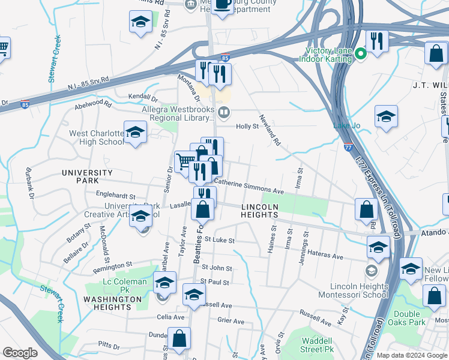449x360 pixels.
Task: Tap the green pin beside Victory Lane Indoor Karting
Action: click(361, 55)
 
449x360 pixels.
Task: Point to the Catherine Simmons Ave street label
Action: click(249, 186)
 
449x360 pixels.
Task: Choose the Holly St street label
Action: click(247, 127)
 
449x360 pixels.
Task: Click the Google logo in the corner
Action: click(20, 353)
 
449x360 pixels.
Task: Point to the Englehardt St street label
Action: click(116, 196)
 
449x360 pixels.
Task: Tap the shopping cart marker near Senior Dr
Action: click(185, 161)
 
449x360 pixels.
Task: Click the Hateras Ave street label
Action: click(322, 256)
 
